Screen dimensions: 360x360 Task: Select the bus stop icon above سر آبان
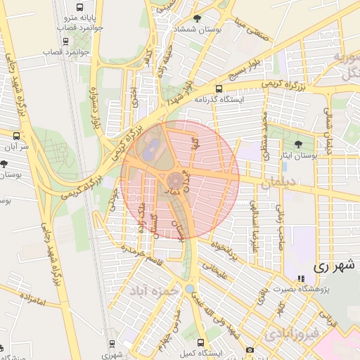tap(18, 135)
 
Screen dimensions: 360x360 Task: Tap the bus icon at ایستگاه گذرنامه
tap(219, 89)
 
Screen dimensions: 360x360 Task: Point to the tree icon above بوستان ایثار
tap(299, 143)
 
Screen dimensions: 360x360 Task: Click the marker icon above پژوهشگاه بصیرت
tap(301, 279)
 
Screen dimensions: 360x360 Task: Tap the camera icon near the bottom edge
tap(250, 350)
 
